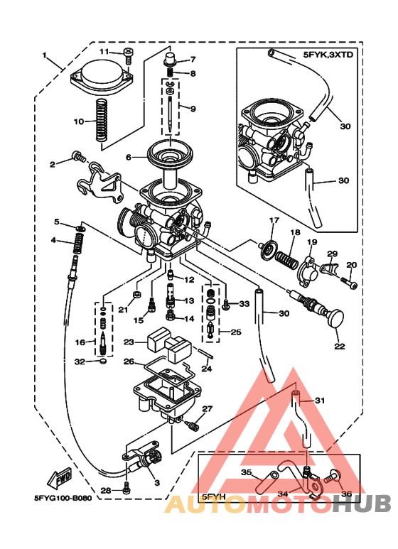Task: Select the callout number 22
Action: (339, 347)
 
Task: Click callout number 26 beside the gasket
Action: (129, 362)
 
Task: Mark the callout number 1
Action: (45, 55)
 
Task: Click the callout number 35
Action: (246, 472)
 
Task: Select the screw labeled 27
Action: (193, 424)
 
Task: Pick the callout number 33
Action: (244, 304)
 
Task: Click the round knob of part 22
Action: (333, 317)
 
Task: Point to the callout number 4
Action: (54, 240)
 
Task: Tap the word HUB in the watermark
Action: (362, 504)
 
